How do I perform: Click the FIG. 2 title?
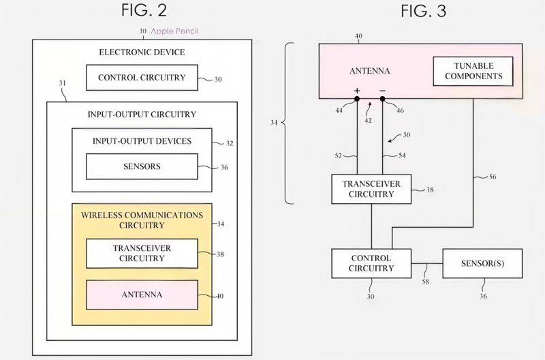pos(143,10)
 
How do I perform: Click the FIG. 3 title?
pos(422,10)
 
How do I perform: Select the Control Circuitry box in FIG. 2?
pos(141,78)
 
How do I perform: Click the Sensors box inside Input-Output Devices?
pos(141,166)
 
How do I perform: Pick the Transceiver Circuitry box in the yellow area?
pos(141,254)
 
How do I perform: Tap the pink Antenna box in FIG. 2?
pos(141,295)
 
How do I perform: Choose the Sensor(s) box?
pos(482,263)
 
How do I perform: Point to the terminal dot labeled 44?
pos(356,99)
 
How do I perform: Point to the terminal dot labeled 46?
pos(383,99)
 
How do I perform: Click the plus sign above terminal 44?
pos(356,90)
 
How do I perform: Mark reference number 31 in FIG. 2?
pos(63,85)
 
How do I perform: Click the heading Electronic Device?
pos(141,52)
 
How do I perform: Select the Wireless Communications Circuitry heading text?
pos(141,219)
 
